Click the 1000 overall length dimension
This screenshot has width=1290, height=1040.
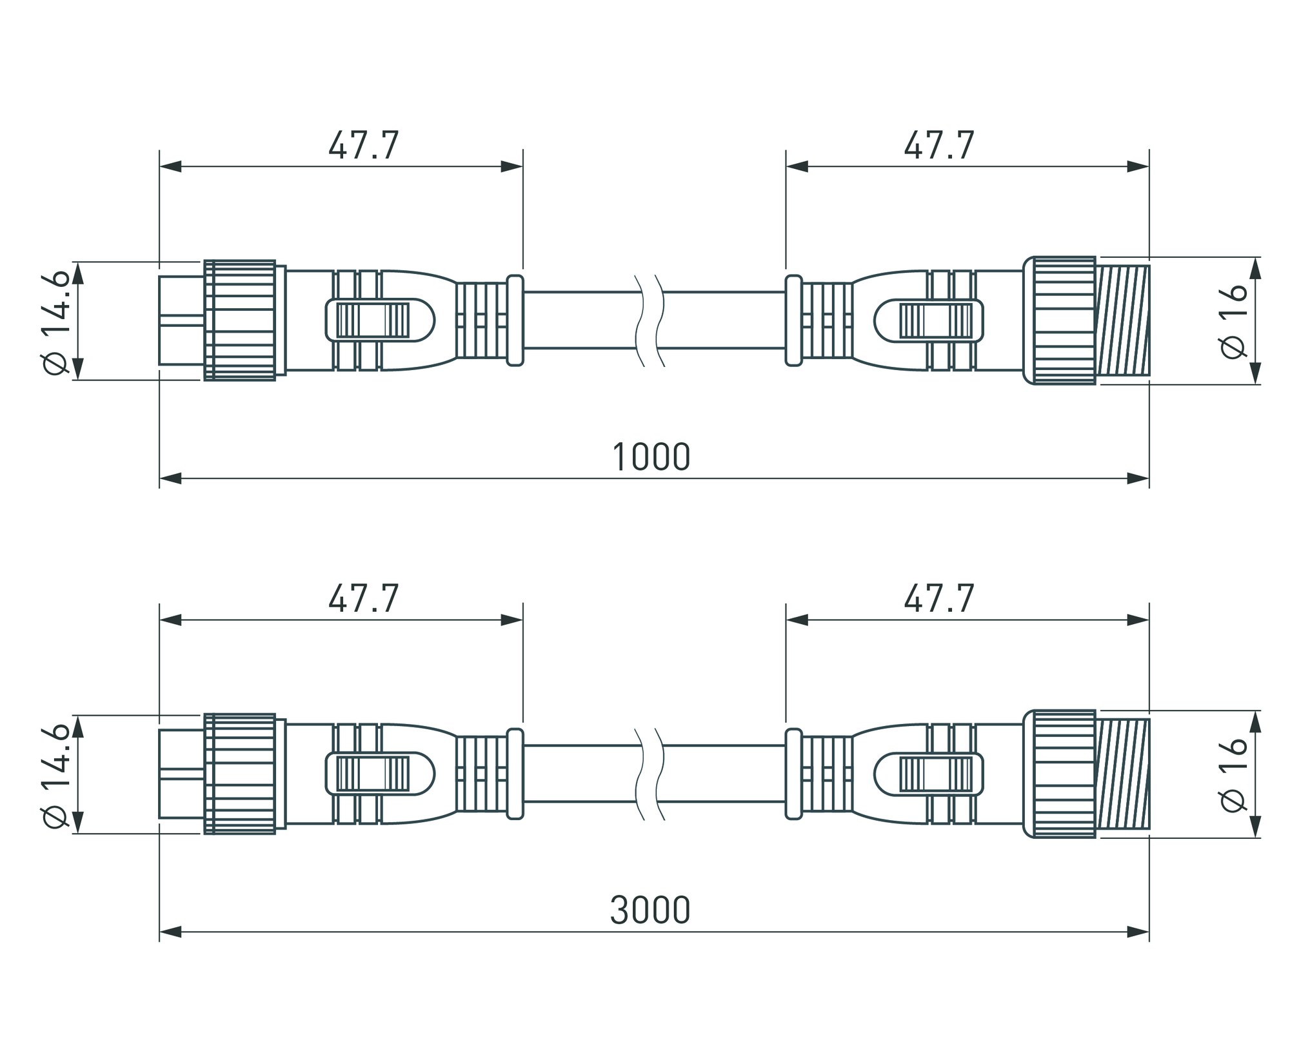pyautogui.click(x=651, y=457)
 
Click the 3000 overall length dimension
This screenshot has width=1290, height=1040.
pyautogui.click(x=650, y=910)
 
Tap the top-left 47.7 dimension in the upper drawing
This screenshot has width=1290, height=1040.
pyautogui.click(x=364, y=145)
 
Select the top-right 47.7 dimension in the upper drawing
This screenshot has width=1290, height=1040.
pyautogui.click(x=939, y=145)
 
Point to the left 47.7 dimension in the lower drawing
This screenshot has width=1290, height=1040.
pyautogui.click(x=364, y=598)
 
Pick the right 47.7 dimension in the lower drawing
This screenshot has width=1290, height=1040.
pyautogui.click(x=939, y=598)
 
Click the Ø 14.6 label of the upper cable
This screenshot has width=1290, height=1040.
pyautogui.click(x=55, y=320)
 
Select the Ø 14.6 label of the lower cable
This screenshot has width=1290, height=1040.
pyautogui.click(x=55, y=774)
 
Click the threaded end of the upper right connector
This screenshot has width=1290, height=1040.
pyautogui.click(x=1123, y=320)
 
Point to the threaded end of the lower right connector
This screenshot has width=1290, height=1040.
pyautogui.click(x=1123, y=774)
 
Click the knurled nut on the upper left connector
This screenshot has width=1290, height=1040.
pyautogui.click(x=240, y=320)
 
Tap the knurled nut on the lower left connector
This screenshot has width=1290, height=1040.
pyautogui.click(x=240, y=774)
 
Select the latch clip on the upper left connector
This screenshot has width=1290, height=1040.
pyautogui.click(x=381, y=320)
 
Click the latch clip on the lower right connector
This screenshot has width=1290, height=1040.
pyautogui.click(x=929, y=773)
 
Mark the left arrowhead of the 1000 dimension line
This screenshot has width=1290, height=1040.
pyautogui.click(x=170, y=478)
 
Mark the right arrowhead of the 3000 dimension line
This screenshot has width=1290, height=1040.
pyautogui.click(x=1138, y=932)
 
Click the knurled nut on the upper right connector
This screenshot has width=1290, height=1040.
pyautogui.click(x=1060, y=320)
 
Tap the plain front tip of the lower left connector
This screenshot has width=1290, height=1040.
pyautogui.click(x=182, y=774)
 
